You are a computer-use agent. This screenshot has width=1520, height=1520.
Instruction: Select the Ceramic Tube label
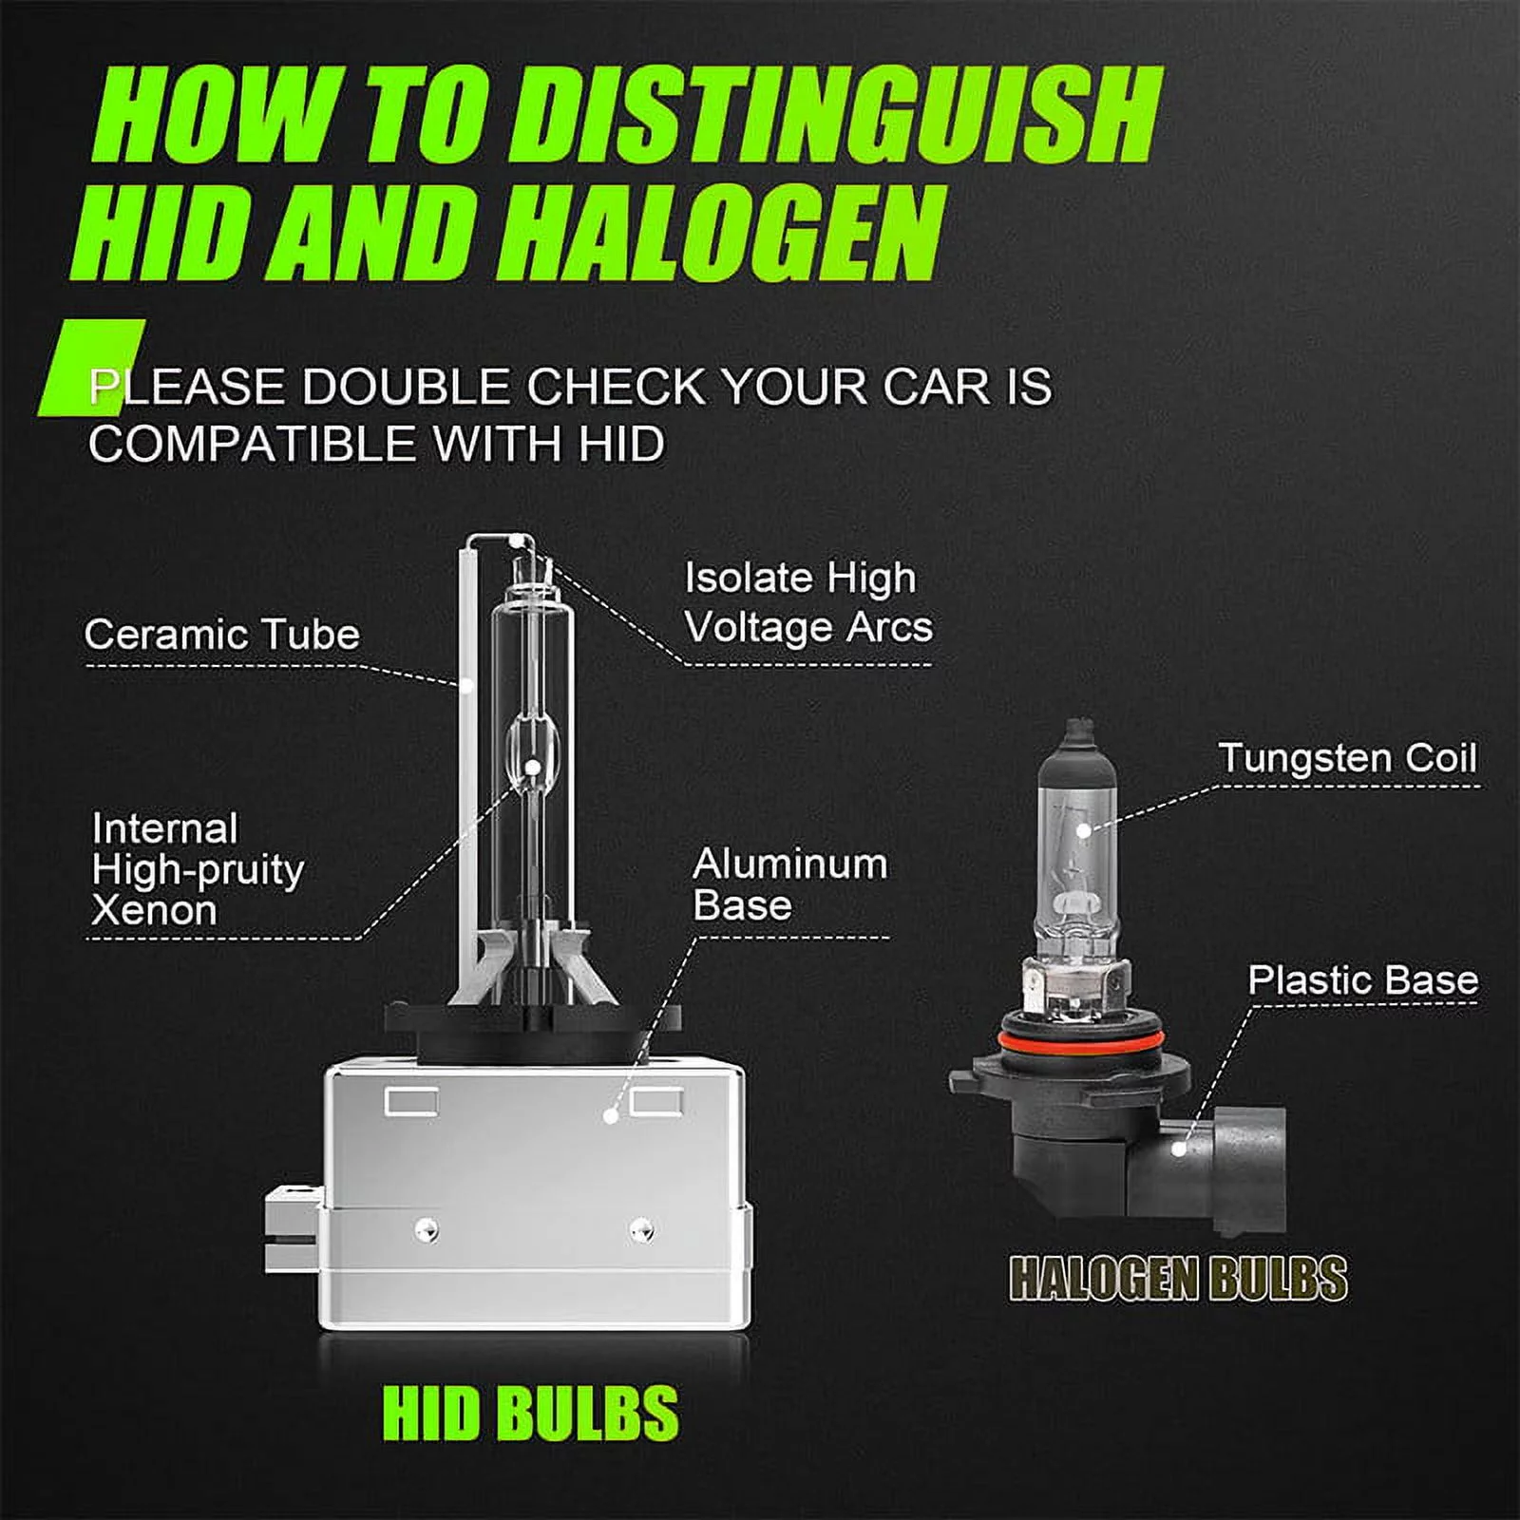click(222, 635)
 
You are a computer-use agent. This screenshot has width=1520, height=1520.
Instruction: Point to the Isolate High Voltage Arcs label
click(808, 602)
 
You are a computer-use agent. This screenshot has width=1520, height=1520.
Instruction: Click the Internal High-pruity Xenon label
click(198, 869)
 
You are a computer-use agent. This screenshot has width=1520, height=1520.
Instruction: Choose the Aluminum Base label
click(790, 884)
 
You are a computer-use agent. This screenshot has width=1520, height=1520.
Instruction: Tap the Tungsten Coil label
click(1348, 758)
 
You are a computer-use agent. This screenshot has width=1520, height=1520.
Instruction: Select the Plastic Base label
click(1363, 980)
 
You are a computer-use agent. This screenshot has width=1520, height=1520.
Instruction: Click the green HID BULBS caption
click(530, 1414)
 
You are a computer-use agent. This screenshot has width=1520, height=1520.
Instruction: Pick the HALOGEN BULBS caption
click(1178, 1278)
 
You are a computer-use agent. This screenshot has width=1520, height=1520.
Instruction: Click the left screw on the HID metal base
click(427, 1229)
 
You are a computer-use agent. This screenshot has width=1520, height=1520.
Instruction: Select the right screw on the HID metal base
click(642, 1229)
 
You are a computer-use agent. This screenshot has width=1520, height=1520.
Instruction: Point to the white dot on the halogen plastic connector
click(1178, 1149)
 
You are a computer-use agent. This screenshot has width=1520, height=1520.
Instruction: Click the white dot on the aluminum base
click(611, 1114)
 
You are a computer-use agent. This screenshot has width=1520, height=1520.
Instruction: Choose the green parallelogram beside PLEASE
click(91, 368)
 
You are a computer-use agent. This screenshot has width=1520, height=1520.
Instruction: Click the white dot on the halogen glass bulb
click(1084, 830)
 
